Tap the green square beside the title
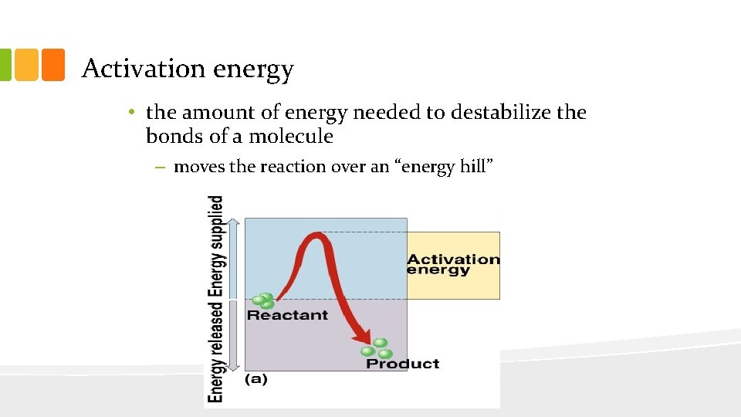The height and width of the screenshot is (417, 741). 4,65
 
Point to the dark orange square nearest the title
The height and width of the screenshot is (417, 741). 52,65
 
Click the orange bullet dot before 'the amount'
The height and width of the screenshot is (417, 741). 133,113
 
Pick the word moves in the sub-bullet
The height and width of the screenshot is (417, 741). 198,167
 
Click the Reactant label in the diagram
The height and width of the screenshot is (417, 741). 287,315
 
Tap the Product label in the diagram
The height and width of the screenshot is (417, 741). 402,364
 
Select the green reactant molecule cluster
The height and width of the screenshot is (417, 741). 262,300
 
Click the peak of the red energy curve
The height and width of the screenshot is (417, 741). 315,237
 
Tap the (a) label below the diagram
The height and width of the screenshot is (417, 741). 256,380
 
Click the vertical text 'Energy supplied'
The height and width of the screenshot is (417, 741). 217,246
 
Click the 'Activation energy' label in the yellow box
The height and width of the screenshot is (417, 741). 453,264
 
